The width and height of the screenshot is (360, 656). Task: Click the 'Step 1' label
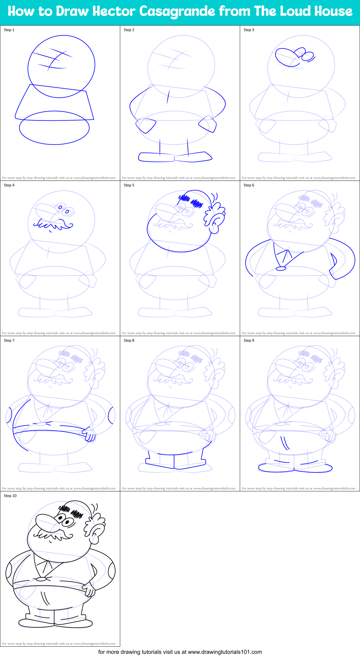point(9,30)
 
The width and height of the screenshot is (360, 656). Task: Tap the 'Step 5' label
point(129,185)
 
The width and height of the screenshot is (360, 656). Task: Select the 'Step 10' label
point(10,496)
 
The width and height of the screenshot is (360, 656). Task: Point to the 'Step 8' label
point(129,340)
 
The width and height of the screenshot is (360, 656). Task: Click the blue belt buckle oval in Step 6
point(281,268)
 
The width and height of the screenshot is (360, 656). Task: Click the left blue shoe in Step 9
point(276,468)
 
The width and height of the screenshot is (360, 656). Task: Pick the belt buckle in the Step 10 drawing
point(41,579)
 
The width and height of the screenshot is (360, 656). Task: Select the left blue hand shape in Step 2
point(146,125)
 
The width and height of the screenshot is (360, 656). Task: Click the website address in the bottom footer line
point(225,652)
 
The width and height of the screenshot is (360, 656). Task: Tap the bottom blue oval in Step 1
point(54,128)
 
